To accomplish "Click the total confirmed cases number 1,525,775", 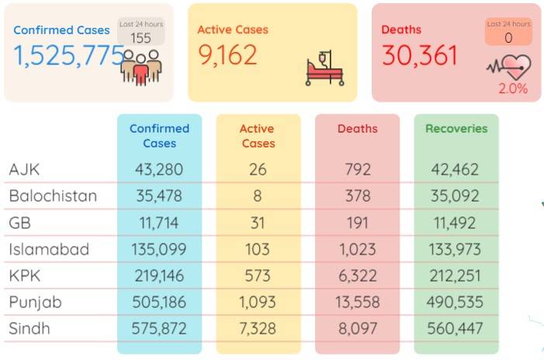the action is [x=69, y=56].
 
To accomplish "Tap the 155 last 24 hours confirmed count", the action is [x=141, y=38].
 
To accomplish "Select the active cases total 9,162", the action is [x=227, y=55].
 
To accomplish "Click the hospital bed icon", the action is [x=324, y=68].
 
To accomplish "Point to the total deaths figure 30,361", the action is [x=420, y=56].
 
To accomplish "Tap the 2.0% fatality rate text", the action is [x=513, y=88].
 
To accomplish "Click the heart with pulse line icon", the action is [x=509, y=67].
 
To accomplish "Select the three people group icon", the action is [x=141, y=67].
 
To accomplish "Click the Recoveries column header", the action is [x=456, y=129].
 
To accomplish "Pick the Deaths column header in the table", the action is [x=357, y=129].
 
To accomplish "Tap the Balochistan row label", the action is [x=53, y=196].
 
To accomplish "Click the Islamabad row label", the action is [x=49, y=249].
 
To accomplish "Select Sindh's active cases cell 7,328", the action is [x=258, y=328].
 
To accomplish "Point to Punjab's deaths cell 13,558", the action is [x=357, y=302].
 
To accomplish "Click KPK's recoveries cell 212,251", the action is [x=456, y=275].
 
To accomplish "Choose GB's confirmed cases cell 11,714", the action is [x=159, y=223].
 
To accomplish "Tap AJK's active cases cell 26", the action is [x=258, y=170].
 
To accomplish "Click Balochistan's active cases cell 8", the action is [x=258, y=196].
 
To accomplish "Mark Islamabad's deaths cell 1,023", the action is [x=357, y=249].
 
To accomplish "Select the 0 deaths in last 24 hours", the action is [x=508, y=37].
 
